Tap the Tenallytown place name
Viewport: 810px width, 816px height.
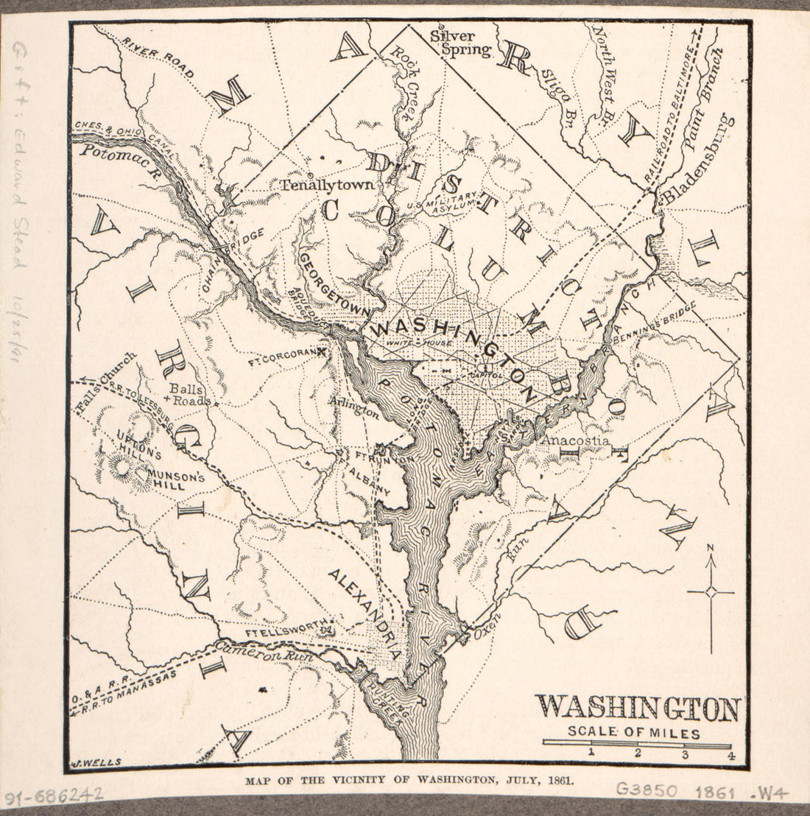326,186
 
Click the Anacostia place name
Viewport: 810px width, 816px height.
574,440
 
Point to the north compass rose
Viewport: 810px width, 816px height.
711,591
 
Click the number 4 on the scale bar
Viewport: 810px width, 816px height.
730,754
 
